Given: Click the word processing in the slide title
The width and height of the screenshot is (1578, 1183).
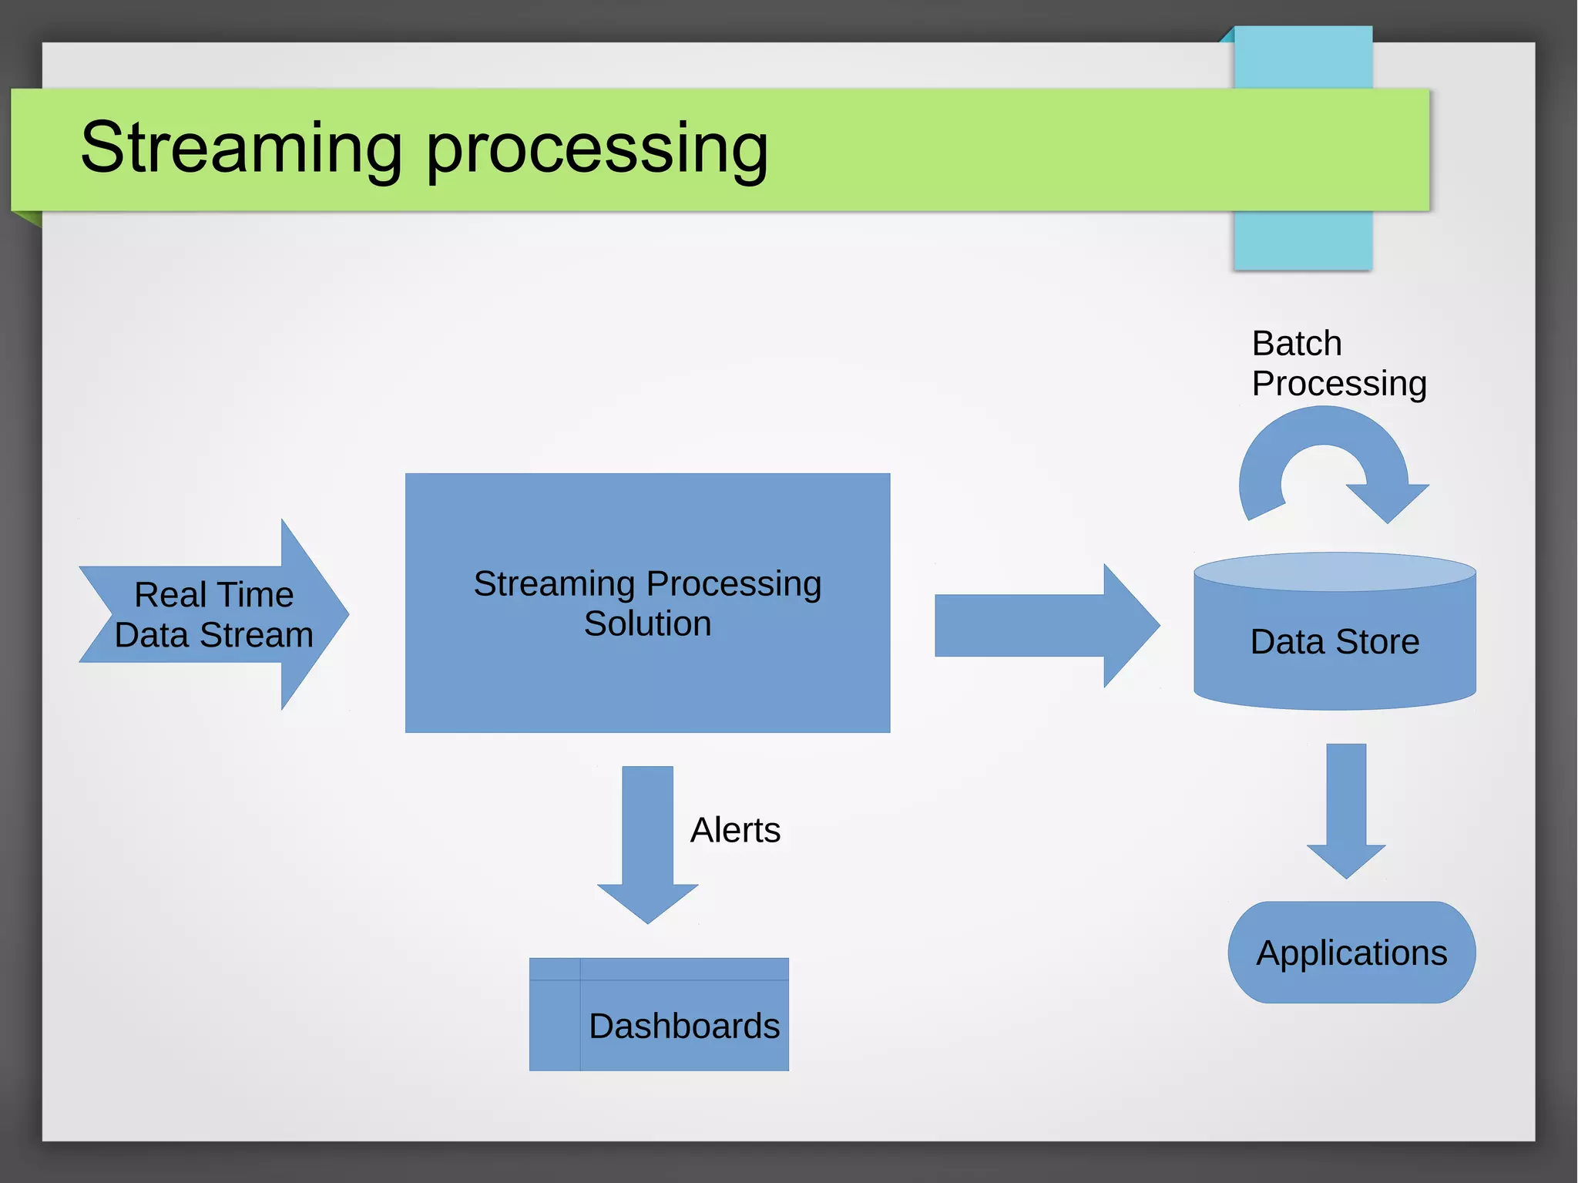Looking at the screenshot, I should pyautogui.click(x=597, y=150).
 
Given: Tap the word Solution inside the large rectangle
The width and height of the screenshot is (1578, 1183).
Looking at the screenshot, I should pyautogui.click(x=647, y=623).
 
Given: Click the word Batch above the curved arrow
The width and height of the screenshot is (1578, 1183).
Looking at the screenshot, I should pyautogui.click(x=1296, y=343).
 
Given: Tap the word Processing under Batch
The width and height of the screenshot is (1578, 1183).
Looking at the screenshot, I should pyautogui.click(x=1339, y=383).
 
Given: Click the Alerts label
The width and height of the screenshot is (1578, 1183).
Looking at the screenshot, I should pyautogui.click(x=735, y=830).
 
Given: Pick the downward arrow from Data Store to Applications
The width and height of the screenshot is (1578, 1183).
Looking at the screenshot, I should pyautogui.click(x=1346, y=809).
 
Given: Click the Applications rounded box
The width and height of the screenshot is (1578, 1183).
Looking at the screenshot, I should pyautogui.click(x=1351, y=953).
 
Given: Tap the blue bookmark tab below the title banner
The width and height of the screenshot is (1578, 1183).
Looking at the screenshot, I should pyautogui.click(x=1302, y=240).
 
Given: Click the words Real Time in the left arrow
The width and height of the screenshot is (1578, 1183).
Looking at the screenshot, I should pyautogui.click(x=214, y=594).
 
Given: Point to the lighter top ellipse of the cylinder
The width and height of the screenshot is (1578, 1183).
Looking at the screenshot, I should pyautogui.click(x=1335, y=572).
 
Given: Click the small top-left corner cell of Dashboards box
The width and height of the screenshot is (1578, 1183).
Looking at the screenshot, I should pyautogui.click(x=554, y=969).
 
